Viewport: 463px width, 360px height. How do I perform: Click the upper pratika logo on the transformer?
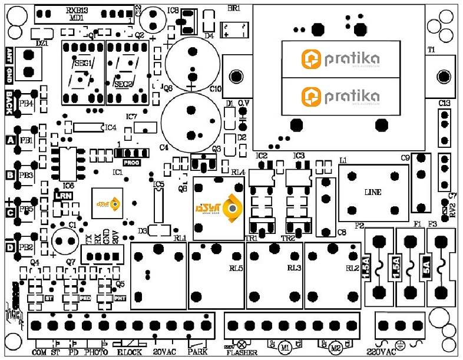(340, 59)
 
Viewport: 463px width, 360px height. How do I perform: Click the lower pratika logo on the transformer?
(340, 95)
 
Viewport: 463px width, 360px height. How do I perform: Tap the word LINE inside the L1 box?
(373, 192)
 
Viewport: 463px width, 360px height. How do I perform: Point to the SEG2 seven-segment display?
(125, 71)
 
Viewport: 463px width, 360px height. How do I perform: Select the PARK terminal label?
(197, 352)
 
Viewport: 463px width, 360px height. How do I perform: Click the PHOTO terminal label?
(95, 352)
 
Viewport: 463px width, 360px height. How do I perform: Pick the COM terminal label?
(39, 352)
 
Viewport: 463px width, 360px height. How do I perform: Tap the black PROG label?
(131, 160)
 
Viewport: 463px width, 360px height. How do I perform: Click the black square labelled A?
(10, 140)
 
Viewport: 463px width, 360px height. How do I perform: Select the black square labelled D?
(9, 247)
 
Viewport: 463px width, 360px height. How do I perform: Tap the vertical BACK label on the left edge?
(9, 101)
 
